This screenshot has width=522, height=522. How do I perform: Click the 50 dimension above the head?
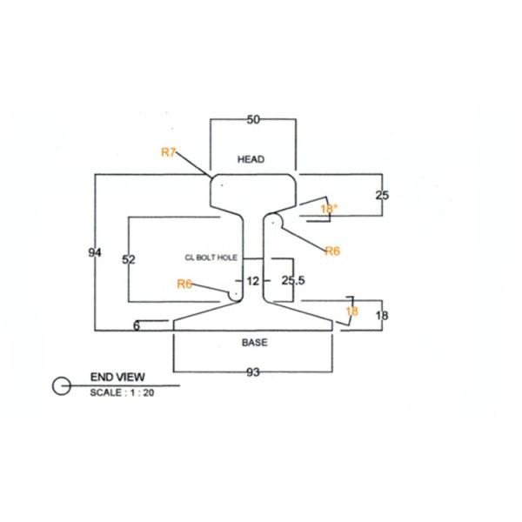(253, 120)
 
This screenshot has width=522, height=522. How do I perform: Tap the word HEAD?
(251, 159)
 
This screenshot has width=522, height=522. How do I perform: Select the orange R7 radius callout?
(169, 152)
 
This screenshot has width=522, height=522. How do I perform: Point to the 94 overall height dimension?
(96, 252)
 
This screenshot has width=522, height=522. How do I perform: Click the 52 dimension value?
(129, 260)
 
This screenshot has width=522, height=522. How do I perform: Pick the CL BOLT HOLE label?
(211, 258)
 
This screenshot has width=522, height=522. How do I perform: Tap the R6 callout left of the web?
(184, 284)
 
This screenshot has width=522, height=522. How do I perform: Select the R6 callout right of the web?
(332, 251)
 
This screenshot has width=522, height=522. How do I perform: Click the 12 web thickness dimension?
(253, 281)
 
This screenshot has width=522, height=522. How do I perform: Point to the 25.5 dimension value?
(293, 280)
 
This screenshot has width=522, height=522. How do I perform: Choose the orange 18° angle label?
(328, 209)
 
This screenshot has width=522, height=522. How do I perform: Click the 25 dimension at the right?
(382, 195)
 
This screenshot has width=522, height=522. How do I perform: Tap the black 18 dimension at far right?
(381, 316)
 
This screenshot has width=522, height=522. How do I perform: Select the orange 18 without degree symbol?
(351, 311)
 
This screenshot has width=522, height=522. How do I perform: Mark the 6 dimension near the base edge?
(137, 325)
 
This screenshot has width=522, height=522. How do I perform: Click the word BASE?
(254, 343)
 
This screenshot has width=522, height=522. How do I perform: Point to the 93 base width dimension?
(253, 372)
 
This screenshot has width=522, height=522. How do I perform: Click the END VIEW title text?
(117, 378)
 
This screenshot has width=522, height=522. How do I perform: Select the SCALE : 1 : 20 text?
(122, 392)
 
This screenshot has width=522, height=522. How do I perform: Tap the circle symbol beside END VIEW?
(62, 385)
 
